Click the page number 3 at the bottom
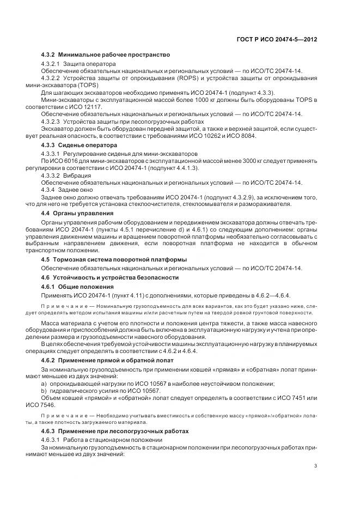pyautogui.click(x=316, y=465)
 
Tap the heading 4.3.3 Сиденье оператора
pyautogui.click(x=79, y=146)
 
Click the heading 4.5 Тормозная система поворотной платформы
pyautogui.click(x=114, y=259)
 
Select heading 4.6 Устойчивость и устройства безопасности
pyautogui.click(x=110, y=277)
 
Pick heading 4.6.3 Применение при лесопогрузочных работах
pyautogui.click(x=115, y=431)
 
